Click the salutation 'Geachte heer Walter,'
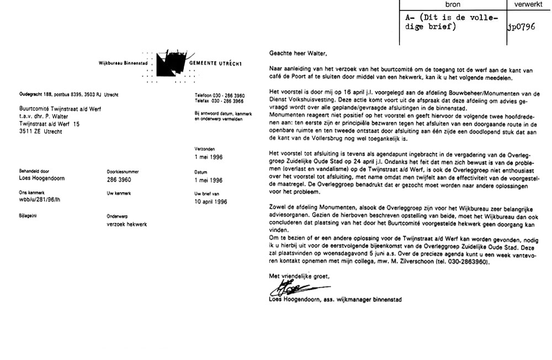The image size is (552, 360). click(x=298, y=54)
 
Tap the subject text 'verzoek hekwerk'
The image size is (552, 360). click(x=127, y=225)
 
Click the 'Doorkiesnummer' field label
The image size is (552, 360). click(x=123, y=172)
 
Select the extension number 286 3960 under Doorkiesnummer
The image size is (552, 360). click(x=120, y=180)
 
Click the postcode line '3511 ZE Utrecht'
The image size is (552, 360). click(x=42, y=133)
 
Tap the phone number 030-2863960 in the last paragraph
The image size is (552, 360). click(x=467, y=262)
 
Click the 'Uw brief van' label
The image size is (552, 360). click(x=207, y=194)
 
